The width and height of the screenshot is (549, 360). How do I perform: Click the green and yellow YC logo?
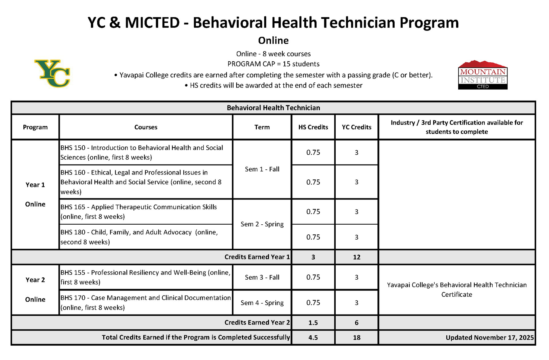click(x=52, y=74)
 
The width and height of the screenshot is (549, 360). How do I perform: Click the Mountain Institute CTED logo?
click(x=483, y=75)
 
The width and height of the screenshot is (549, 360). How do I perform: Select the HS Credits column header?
click(x=313, y=127)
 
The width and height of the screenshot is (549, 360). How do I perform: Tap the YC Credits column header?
click(x=357, y=127)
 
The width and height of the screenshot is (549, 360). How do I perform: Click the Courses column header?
click(x=146, y=127)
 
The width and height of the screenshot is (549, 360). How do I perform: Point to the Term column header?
click(x=262, y=127)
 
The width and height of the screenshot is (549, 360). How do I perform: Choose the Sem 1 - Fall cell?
click(x=262, y=169)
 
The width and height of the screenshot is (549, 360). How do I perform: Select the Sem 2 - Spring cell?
click(x=262, y=224)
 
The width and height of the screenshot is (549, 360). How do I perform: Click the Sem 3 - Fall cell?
click(x=262, y=277)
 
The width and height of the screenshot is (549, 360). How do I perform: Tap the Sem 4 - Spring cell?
click(x=262, y=303)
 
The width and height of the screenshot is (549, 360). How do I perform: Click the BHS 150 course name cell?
click(x=142, y=153)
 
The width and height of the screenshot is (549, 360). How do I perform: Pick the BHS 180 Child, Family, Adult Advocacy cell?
click(x=139, y=237)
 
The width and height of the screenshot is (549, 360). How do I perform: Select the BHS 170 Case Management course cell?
click(x=146, y=302)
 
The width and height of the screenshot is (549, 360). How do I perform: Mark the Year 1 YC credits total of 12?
click(x=357, y=257)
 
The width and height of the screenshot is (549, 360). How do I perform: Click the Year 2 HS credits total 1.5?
click(x=313, y=323)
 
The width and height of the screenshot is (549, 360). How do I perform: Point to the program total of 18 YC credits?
click(x=357, y=338)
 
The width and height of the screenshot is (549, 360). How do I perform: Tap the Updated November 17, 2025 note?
click(x=490, y=338)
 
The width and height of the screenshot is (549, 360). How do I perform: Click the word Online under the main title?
click(x=273, y=40)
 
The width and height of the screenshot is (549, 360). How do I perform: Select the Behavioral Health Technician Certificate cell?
click(x=457, y=290)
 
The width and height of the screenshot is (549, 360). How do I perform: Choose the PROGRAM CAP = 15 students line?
click(x=273, y=64)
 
